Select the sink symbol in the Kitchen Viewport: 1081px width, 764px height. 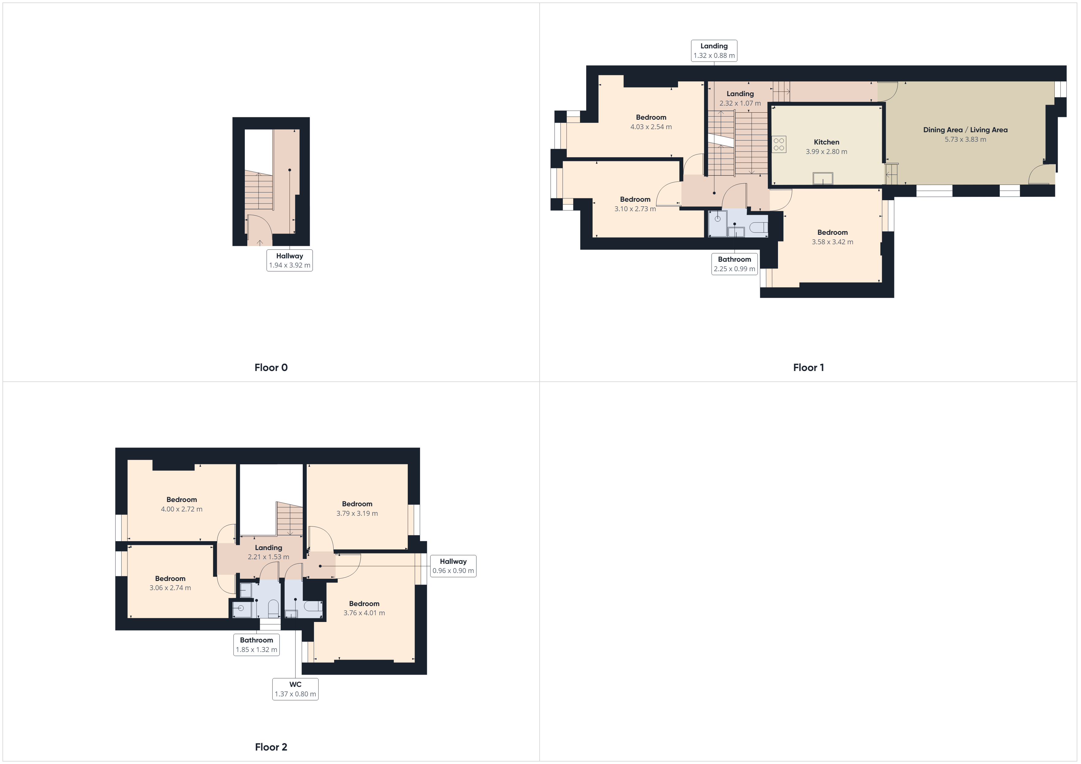(822, 178)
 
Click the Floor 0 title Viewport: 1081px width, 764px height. (271, 367)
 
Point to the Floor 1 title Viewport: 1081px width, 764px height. (808, 367)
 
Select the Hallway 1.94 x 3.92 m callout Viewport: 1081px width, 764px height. (290, 260)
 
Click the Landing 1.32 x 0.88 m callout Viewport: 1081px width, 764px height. (714, 50)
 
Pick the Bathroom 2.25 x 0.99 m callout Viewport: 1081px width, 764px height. (734, 264)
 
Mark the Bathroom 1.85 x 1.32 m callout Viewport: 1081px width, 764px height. (256, 645)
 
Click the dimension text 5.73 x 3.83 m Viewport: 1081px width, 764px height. (965, 139)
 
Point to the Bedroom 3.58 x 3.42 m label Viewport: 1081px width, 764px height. (833, 237)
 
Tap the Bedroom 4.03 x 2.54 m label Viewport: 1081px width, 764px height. (651, 122)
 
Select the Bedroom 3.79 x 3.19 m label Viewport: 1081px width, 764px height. (357, 508)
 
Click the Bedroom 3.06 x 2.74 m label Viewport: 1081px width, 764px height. (170, 583)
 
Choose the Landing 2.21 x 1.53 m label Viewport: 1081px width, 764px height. (268, 552)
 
